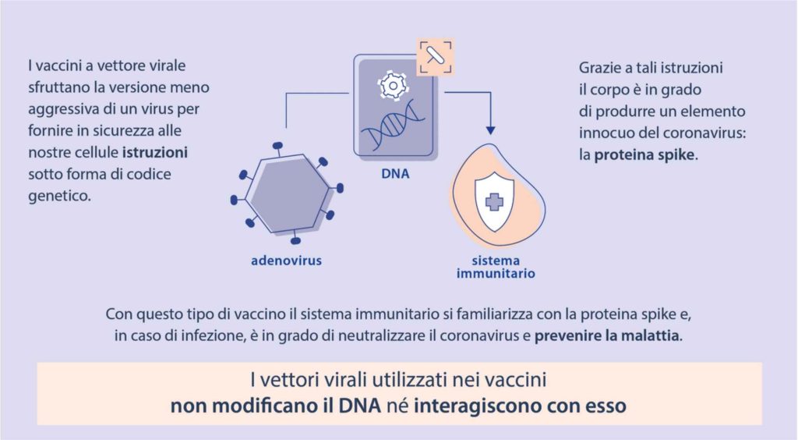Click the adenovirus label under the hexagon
pyautogui.click(x=287, y=261)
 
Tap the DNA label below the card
pyautogui.click(x=395, y=174)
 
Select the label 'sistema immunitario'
pyautogui.click(x=496, y=267)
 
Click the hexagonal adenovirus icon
pyautogui.click(x=288, y=193)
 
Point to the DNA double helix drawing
pyautogui.click(x=393, y=125)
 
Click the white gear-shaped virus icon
pyautogui.click(x=393, y=85)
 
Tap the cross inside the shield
pyautogui.click(x=494, y=201)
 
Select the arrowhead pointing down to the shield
pyautogui.click(x=490, y=130)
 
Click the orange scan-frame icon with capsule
pyautogui.click(x=435, y=56)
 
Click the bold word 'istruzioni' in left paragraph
pyautogui.click(x=155, y=152)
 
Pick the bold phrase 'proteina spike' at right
pyautogui.click(x=644, y=154)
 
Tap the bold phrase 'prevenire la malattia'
pyautogui.click(x=608, y=335)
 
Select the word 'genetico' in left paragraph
pyautogui.click(x=58, y=197)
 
